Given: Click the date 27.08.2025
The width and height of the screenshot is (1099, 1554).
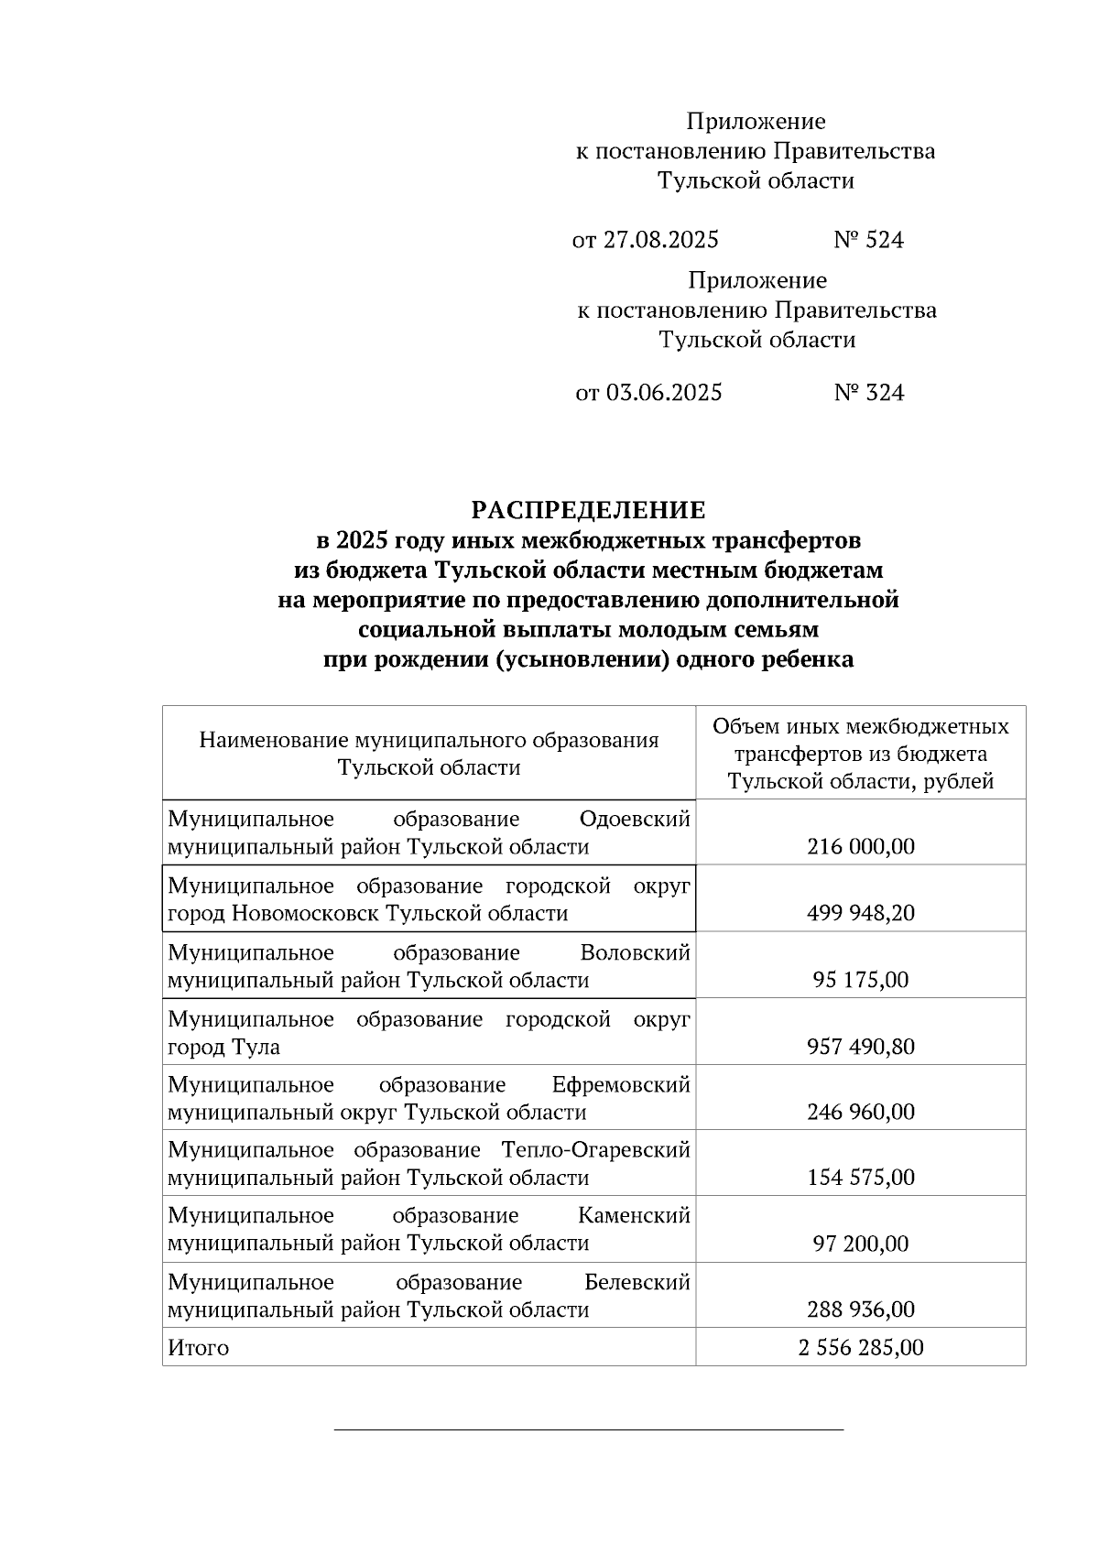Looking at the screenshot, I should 660,241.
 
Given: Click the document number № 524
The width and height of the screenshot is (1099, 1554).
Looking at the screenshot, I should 868,241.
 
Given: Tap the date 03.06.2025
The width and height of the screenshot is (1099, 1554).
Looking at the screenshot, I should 664,394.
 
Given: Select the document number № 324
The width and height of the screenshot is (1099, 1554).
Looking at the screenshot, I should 869,394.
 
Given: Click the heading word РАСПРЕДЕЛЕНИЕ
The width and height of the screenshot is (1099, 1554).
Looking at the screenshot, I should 588,510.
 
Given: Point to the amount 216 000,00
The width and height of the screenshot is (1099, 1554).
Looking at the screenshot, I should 861,847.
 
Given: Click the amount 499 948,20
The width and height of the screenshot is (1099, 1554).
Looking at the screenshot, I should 861,914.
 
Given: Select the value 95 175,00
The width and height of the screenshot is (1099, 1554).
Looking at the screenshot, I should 861,981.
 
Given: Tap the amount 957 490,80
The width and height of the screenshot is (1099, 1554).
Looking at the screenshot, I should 861,1047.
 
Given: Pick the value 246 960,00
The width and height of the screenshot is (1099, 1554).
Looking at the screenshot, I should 861,1113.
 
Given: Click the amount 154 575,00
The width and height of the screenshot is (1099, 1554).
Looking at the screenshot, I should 861,1178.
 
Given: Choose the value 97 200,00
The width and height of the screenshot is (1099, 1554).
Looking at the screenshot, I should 861,1244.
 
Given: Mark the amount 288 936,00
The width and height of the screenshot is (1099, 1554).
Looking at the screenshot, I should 861,1310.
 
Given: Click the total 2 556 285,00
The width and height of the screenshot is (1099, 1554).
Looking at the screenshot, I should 861,1349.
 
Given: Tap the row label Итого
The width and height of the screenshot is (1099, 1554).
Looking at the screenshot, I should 199,1349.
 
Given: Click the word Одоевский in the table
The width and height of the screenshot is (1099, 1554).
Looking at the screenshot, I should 635,819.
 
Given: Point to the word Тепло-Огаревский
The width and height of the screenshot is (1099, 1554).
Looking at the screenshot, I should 595,1150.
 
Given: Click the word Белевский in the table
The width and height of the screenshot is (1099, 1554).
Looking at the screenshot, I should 637,1283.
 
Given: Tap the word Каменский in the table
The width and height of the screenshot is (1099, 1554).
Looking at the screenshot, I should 634,1216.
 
